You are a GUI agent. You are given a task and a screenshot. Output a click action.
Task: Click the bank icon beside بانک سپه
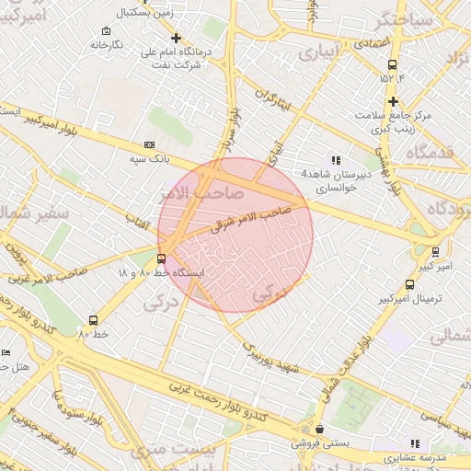coord(149,145)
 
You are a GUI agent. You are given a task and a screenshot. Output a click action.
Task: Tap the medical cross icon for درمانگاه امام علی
coord(176,38)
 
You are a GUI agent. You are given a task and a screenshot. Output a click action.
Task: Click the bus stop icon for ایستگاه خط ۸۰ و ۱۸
coord(162,258)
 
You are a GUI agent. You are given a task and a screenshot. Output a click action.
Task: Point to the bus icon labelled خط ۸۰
coord(93,320)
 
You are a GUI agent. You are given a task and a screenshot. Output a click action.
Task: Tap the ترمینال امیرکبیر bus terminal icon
coord(408,285)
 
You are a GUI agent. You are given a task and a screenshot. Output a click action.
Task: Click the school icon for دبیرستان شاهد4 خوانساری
coord(335,160)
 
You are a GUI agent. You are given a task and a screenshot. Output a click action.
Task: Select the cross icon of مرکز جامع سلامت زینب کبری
coord(393,101)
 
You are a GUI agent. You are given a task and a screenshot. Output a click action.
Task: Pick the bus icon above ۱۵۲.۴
coord(393,64)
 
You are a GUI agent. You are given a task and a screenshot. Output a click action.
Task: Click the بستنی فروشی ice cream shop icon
coord(318,430)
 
